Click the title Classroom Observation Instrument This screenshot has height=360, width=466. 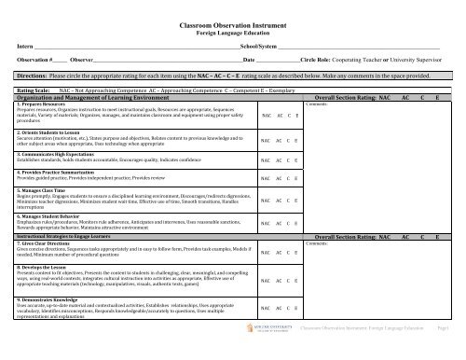click(x=232, y=20)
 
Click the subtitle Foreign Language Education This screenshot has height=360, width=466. click(x=232, y=30)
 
